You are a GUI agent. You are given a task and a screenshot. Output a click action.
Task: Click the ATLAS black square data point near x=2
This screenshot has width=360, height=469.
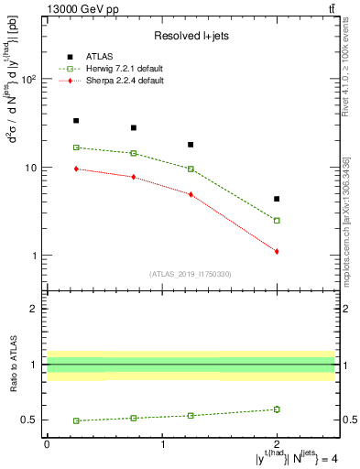pos(277,199)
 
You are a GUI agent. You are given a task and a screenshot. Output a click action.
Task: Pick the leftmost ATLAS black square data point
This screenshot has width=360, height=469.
pos(76,120)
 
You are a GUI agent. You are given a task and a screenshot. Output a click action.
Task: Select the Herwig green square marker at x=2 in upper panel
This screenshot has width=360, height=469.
pos(277,220)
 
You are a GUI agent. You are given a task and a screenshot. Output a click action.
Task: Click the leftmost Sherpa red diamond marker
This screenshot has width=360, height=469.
pos(76,169)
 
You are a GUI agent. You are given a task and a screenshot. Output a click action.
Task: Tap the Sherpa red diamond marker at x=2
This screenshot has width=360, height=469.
pos(277,251)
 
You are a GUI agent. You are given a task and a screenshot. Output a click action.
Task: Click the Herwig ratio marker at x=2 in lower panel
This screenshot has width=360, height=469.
pos(277,409)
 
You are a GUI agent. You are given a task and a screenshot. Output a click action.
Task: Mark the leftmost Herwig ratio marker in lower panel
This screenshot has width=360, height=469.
pos(76,420)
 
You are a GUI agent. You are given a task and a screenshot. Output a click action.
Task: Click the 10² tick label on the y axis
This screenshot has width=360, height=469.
pos(28,80)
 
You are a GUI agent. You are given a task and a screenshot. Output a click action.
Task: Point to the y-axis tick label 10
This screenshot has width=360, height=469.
pos(30,168)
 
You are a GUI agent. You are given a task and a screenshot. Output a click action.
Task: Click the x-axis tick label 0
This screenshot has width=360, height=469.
pos(47,443)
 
